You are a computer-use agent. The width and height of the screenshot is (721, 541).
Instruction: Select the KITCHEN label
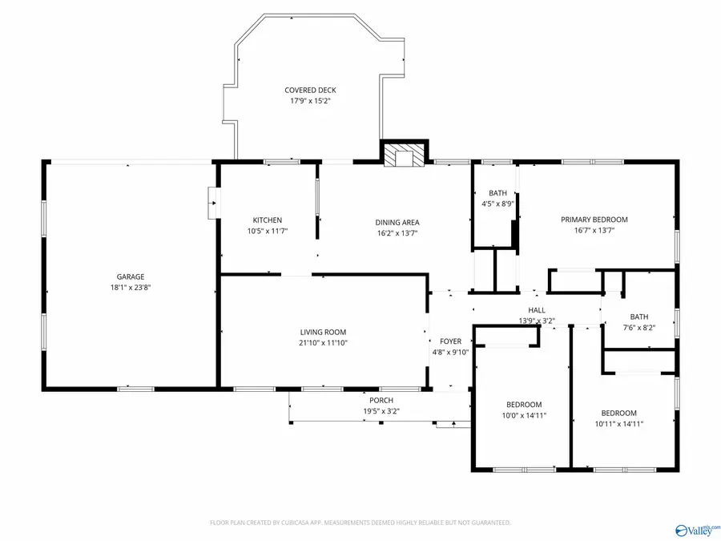(268, 220)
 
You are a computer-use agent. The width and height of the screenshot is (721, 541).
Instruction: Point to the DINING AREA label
(397, 223)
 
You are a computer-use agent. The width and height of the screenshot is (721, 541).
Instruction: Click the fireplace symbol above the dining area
(404, 155)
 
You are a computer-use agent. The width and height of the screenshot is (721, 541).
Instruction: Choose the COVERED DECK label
(310, 91)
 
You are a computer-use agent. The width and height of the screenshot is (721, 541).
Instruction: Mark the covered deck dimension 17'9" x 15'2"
(310, 101)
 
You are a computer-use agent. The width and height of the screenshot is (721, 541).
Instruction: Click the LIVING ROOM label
(324, 332)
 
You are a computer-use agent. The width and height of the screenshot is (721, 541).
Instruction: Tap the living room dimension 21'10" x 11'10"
(324, 342)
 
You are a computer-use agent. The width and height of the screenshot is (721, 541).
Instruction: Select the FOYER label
(450, 341)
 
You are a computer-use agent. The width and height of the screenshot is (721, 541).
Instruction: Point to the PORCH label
(381, 401)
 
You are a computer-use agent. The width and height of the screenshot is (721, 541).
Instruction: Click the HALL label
(537, 310)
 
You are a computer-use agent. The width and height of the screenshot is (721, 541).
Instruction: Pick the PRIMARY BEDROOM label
(594, 220)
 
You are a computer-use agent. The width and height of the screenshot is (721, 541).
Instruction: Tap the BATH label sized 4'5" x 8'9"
(497, 193)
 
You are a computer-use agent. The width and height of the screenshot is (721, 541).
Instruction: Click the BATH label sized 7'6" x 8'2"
(639, 317)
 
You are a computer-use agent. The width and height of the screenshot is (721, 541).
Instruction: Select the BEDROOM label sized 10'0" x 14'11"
(524, 405)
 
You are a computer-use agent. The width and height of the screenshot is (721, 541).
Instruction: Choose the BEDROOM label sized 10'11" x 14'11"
(619, 413)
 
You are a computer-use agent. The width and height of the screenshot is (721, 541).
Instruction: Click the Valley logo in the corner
(696, 530)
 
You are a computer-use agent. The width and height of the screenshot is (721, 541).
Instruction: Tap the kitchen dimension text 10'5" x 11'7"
(268, 231)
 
